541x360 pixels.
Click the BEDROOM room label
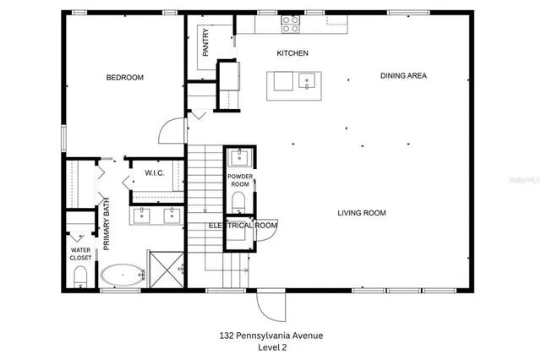(124, 78)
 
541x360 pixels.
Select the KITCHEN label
(292, 53)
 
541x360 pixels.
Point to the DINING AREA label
(403, 76)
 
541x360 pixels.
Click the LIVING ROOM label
(362, 213)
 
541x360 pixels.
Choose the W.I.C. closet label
(154, 173)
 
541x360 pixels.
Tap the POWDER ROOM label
(240, 180)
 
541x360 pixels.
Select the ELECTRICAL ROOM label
(243, 226)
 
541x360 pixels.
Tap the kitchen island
(295, 82)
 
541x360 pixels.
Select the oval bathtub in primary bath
(123, 275)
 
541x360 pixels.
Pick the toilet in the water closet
(81, 276)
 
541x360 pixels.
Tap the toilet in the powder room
(238, 200)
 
